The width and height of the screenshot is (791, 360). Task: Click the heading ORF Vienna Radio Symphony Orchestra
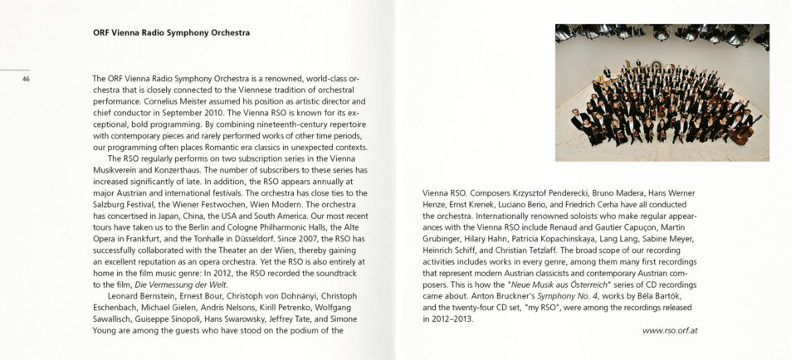pyautogui.click(x=171, y=33)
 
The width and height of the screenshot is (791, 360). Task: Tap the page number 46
pyautogui.click(x=27, y=80)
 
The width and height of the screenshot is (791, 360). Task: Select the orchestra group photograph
pyautogui.click(x=662, y=92)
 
